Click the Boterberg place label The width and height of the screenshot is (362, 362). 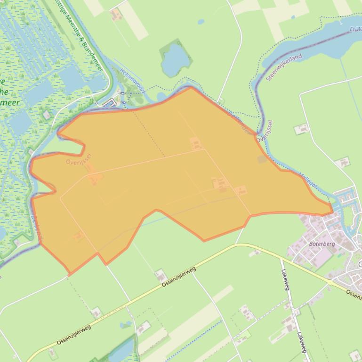322,244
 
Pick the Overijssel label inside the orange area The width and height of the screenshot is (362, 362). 78,158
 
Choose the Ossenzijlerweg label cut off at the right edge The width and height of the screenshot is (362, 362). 354,294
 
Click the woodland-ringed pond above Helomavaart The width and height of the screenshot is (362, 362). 175,59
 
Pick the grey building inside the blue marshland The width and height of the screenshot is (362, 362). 47,114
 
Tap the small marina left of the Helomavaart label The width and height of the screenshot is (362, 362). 109,102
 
